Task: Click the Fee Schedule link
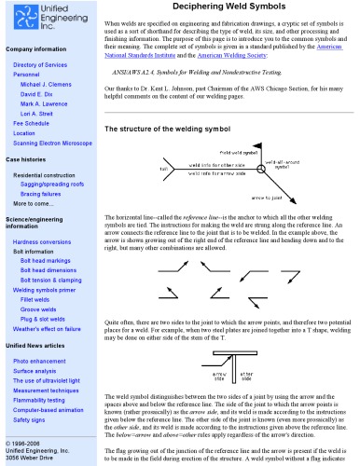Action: tap(34, 122)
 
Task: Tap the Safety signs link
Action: tap(31, 421)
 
